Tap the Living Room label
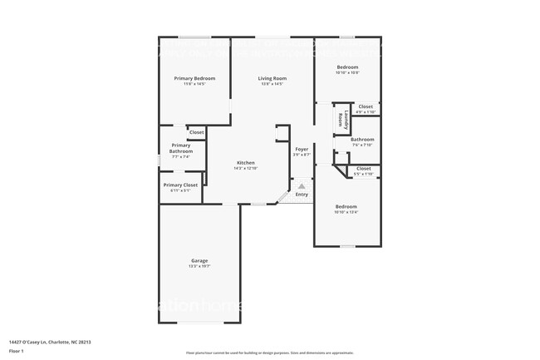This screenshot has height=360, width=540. point(272,78)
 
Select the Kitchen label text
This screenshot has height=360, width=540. point(246,162)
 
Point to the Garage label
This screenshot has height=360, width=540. point(199,260)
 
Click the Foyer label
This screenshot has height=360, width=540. point(302,149)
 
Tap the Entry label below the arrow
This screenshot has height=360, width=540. point(302,194)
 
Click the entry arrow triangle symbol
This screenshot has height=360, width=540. point(302,186)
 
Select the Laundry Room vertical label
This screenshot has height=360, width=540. point(341,119)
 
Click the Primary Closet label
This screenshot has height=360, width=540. point(180,185)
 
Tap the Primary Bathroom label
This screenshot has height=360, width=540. point(180,148)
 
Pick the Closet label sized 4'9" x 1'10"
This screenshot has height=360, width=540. point(366,106)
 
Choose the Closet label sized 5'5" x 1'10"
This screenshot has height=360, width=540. point(364,168)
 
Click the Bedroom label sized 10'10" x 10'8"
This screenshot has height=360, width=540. point(346,67)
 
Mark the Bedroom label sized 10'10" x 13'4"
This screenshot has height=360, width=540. point(346,206)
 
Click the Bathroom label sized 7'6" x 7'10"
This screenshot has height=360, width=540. point(362,139)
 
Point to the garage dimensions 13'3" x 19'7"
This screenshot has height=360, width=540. point(199,266)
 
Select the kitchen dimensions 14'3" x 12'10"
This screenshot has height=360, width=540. point(246,168)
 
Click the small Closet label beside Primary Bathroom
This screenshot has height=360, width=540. point(196,132)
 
